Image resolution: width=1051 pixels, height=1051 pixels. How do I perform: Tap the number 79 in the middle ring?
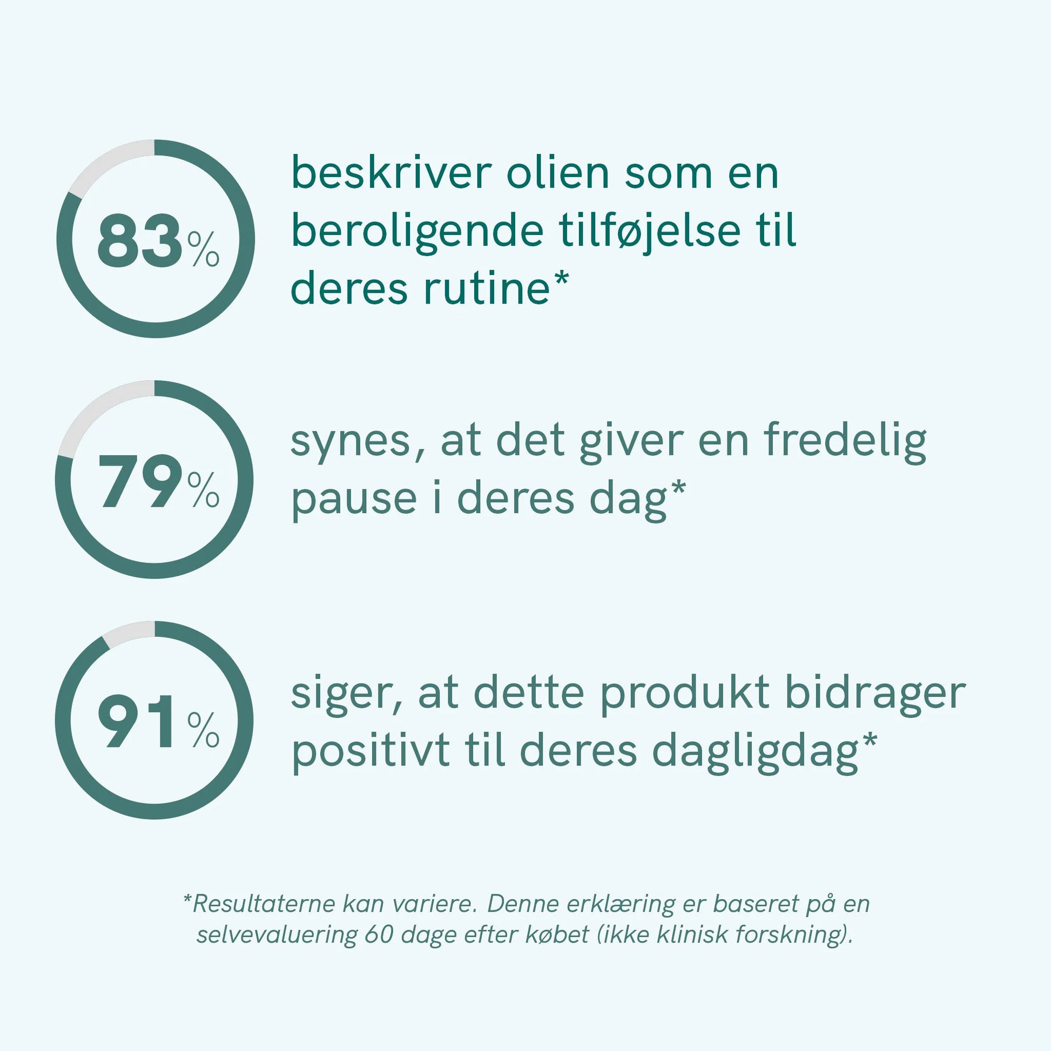pos(140,481)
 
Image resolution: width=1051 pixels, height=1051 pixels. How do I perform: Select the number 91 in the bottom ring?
pos(137,722)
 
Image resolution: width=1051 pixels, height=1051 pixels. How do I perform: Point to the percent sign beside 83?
pos(204,249)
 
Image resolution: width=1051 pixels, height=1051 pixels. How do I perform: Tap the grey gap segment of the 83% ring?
pos(106,161)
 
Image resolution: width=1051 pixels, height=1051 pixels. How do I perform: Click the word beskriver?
pos(392,173)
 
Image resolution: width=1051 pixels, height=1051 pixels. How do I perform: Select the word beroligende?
pos(418,231)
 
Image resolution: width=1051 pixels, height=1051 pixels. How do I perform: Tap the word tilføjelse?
pos(650,231)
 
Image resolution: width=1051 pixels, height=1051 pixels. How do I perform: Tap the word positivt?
pos(371,753)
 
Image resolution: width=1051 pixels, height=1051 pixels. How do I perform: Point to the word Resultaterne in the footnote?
pos(264,904)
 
